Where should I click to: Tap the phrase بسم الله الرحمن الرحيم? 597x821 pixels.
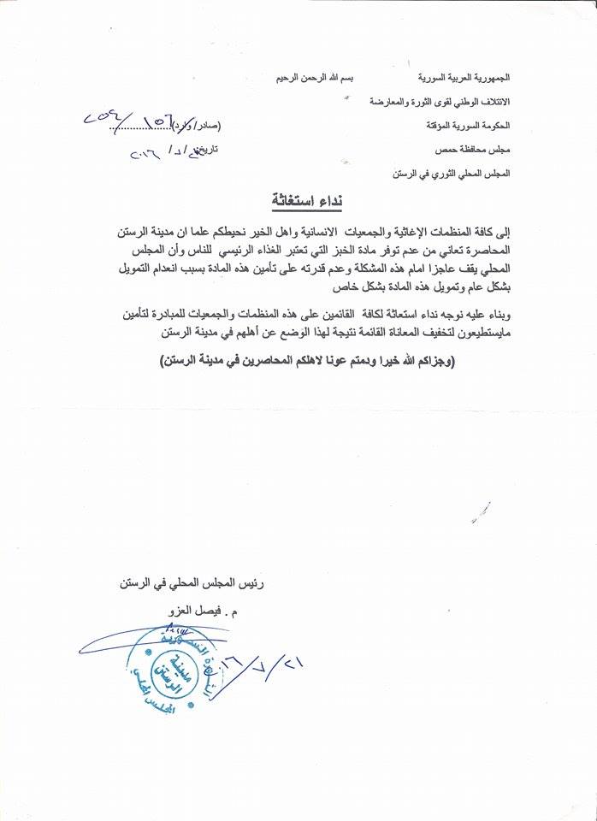pyautogui.click(x=316, y=78)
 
